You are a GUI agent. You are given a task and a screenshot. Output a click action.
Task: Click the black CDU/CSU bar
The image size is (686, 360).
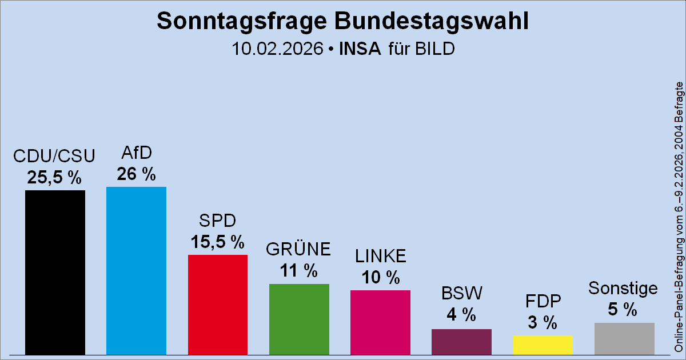pos(55,272)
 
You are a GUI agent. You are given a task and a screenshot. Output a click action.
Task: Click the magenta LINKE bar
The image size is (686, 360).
pos(380,322)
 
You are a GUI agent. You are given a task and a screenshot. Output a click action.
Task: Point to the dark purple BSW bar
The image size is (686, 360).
pos(461,341)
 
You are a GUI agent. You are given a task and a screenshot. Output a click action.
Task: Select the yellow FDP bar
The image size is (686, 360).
pos(543,345)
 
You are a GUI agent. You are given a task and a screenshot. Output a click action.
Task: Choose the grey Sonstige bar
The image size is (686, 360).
pos(624,338)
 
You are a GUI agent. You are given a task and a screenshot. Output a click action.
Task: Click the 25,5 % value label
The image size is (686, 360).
pos(55,178)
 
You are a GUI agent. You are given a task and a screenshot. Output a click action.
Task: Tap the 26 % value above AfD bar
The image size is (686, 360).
pos(136,174)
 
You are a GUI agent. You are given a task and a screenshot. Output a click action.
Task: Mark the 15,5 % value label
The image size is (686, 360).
pos(217,242)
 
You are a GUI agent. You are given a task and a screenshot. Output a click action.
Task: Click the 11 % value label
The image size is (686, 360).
pos(299,271)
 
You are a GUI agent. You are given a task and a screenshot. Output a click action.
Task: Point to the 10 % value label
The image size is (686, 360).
pos(380,278)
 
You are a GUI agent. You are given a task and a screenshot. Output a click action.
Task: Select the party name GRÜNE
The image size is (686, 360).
pos(299,250)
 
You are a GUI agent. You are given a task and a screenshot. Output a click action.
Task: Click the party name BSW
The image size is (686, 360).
pos(462,293)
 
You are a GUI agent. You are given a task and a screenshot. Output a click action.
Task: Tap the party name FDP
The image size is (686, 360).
pos(543,301)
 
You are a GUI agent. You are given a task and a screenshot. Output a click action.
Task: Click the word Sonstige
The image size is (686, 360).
pos(623,288)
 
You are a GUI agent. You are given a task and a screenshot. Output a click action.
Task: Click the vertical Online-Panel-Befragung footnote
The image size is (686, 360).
pos(679,217)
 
